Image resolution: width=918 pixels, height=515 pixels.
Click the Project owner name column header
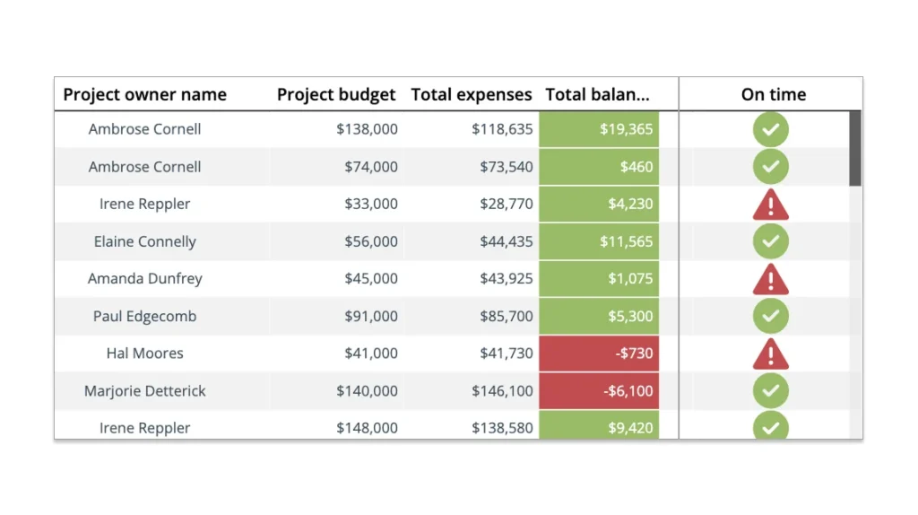(x=144, y=94)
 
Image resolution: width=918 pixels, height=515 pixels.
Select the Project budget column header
(x=336, y=94)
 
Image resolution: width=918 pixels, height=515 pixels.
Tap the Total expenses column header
(x=472, y=94)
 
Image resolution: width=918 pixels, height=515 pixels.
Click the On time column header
(x=773, y=94)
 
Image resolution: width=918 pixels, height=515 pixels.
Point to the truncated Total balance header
(x=597, y=94)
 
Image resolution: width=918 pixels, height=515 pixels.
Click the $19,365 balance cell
(x=599, y=129)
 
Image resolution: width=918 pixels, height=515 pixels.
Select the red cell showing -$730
(x=599, y=354)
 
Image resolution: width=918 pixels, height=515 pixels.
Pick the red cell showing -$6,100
(x=599, y=391)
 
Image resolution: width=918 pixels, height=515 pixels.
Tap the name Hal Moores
(x=144, y=354)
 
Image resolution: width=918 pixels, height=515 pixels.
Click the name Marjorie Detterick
(x=144, y=391)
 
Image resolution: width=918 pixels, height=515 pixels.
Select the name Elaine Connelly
(x=144, y=241)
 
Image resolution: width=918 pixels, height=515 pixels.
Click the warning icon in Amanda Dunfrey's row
(x=770, y=280)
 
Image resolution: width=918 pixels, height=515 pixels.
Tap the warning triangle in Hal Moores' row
(x=770, y=354)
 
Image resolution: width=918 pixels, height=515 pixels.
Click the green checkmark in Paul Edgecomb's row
(x=770, y=316)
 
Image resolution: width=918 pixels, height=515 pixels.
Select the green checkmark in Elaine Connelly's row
(x=770, y=241)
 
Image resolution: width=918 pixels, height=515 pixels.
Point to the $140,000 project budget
(x=367, y=391)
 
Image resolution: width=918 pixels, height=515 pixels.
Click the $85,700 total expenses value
(x=506, y=316)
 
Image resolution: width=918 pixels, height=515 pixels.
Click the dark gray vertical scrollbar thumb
(x=855, y=148)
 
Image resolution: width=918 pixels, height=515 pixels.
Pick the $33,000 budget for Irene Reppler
(x=370, y=204)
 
